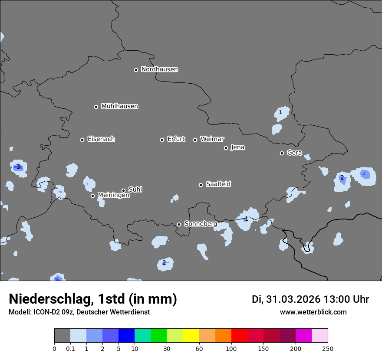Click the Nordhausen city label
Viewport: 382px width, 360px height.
pyautogui.click(x=159, y=69)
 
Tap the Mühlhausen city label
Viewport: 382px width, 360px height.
pyautogui.click(x=119, y=106)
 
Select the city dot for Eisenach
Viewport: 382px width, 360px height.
pyautogui.click(x=82, y=140)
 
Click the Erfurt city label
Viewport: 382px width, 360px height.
pyautogui.click(x=176, y=139)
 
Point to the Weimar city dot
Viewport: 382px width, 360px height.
pyautogui.click(x=195, y=140)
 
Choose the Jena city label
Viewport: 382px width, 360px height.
pyautogui.click(x=237, y=147)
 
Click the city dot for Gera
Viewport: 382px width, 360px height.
pyautogui.click(x=282, y=153)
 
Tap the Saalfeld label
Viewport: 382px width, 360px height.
pyautogui.click(x=218, y=184)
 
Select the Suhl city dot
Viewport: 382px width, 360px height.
pyautogui.click(x=123, y=190)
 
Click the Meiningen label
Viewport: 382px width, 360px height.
pyautogui.click(x=113, y=196)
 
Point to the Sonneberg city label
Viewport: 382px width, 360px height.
pyautogui.click(x=201, y=224)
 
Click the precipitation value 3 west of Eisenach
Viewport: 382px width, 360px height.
pyautogui.click(x=18, y=167)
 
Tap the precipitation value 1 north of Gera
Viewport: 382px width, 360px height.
pyautogui.click(x=280, y=112)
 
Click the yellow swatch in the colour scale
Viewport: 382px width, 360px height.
pyautogui.click(x=191, y=336)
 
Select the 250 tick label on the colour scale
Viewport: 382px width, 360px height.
pyautogui.click(x=328, y=349)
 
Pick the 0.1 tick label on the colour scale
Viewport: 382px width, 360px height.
pyautogui.click(x=70, y=349)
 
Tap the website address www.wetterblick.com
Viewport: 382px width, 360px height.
pyautogui.click(x=313, y=312)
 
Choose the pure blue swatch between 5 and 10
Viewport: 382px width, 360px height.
pyautogui.click(x=126, y=336)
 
